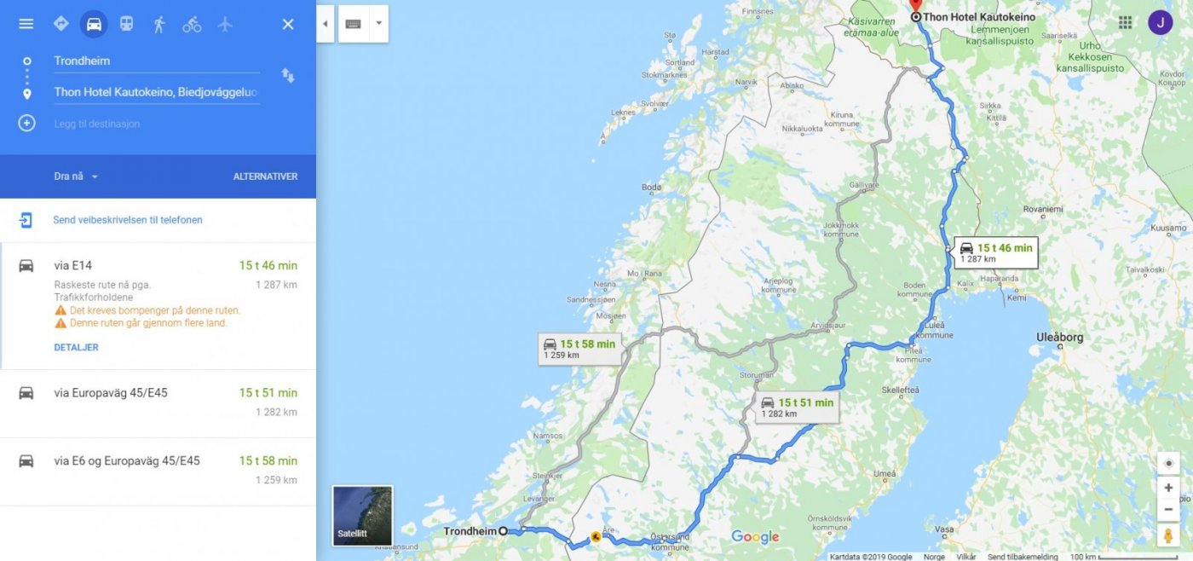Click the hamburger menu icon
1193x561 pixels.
[26, 24]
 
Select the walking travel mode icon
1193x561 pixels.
[159, 24]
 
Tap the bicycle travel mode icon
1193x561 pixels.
[192, 24]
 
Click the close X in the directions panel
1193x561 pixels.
[288, 24]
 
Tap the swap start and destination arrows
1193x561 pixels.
[288, 76]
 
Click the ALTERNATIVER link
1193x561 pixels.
[265, 176]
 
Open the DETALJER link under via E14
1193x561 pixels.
[76, 347]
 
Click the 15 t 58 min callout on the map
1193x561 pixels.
[579, 348]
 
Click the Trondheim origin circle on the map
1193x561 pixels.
[503, 531]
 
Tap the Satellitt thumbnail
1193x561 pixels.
[362, 516]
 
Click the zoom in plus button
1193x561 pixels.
[1168, 488]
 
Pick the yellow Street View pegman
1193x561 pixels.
[1168, 535]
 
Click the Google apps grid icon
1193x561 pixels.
[1125, 23]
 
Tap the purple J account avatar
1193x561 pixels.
[1160, 23]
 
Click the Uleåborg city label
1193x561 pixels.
[1059, 337]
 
